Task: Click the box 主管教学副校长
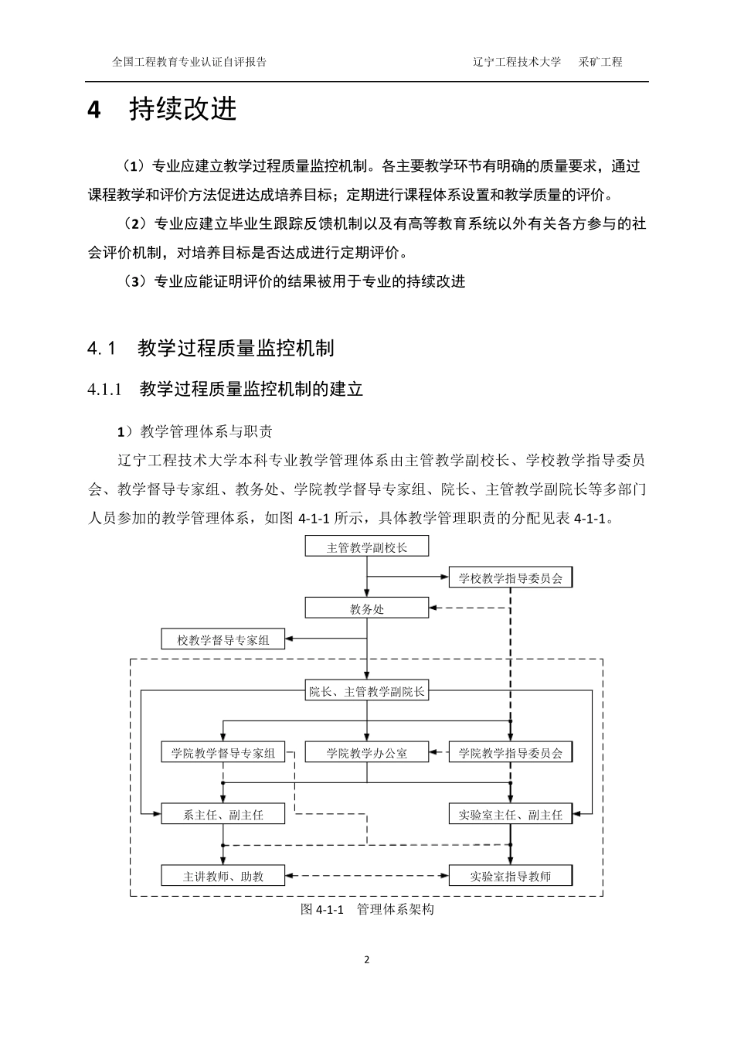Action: point(366,547)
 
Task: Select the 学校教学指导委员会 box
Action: point(510,577)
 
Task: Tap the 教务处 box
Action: point(366,608)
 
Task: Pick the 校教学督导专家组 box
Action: point(223,639)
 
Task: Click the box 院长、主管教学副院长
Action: point(366,691)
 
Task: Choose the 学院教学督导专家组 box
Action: point(223,752)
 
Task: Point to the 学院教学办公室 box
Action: point(366,752)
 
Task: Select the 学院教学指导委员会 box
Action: point(510,752)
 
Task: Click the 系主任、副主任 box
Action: point(223,814)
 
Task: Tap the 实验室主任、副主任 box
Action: point(510,814)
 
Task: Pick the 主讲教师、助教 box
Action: point(223,876)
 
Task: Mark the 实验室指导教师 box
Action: point(510,876)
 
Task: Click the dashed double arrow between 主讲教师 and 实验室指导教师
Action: point(367,876)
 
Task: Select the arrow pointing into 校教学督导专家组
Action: point(325,639)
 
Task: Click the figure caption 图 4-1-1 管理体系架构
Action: point(367,909)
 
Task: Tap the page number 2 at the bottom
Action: point(367,960)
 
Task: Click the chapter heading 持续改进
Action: point(183,109)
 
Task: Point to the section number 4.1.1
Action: point(105,390)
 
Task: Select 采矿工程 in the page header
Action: point(600,62)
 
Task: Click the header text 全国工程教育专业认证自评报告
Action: point(189,62)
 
